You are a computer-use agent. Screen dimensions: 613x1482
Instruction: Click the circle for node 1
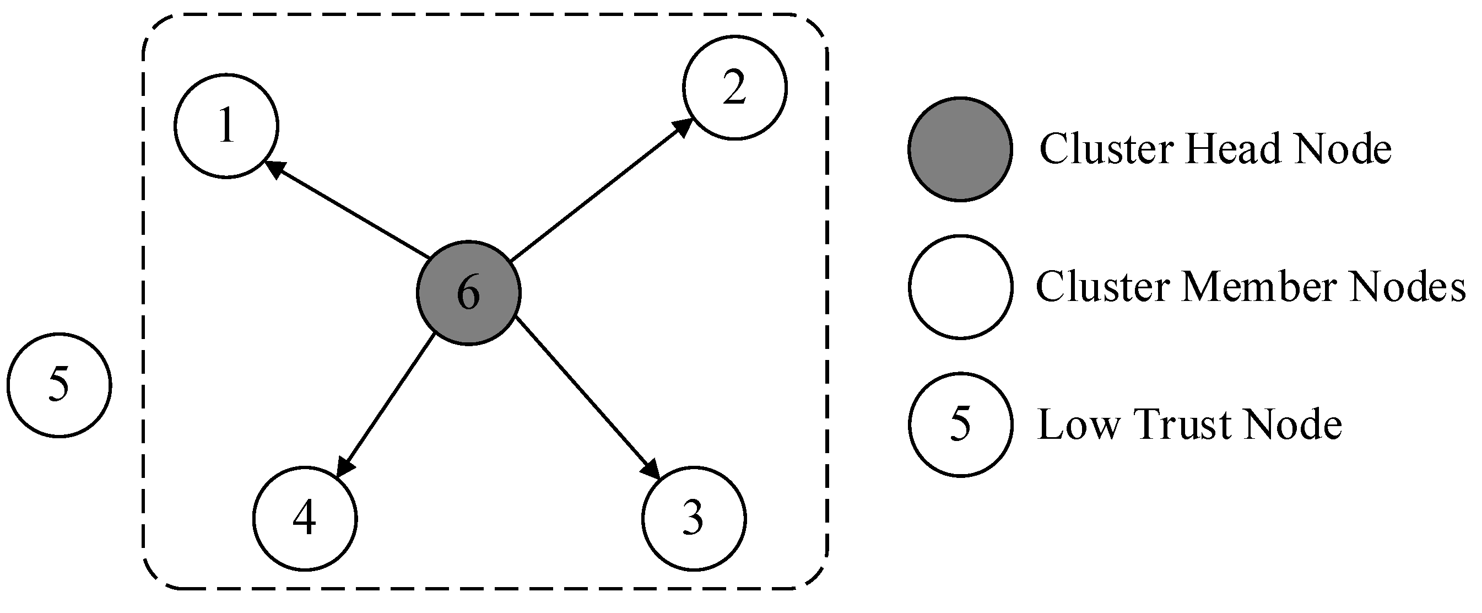click(226, 126)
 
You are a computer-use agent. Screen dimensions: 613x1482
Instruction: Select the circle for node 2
click(735, 88)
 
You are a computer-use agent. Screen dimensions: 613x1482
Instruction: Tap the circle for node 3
click(694, 518)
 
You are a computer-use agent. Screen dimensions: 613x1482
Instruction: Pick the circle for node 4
click(305, 518)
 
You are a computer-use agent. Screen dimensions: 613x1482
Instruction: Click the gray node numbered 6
click(468, 293)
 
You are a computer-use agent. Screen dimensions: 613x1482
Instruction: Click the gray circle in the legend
click(960, 149)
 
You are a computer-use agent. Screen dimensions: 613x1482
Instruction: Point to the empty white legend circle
click(960, 286)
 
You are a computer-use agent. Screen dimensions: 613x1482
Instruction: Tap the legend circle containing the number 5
click(960, 424)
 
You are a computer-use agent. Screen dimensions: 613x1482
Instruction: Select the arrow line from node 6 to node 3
click(587, 397)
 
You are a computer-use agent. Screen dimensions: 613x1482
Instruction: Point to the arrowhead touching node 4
click(344, 465)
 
